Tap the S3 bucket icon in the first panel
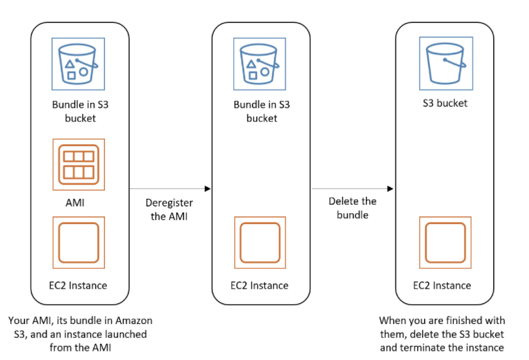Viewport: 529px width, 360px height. coord(78,64)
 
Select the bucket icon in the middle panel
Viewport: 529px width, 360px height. coord(260,64)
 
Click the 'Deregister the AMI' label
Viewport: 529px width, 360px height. coord(169,209)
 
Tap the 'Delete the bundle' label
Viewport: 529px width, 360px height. coord(352,208)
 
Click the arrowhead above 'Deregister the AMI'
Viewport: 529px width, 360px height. coord(207,189)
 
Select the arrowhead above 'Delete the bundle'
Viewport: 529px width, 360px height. coord(390,189)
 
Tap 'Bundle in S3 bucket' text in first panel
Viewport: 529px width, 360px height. coord(78,111)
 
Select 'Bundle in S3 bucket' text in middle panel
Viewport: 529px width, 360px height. coord(260,111)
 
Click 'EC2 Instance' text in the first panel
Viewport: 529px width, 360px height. coord(78,285)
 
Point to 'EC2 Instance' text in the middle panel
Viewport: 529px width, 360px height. coord(260,285)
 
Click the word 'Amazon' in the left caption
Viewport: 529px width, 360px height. coord(133,320)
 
